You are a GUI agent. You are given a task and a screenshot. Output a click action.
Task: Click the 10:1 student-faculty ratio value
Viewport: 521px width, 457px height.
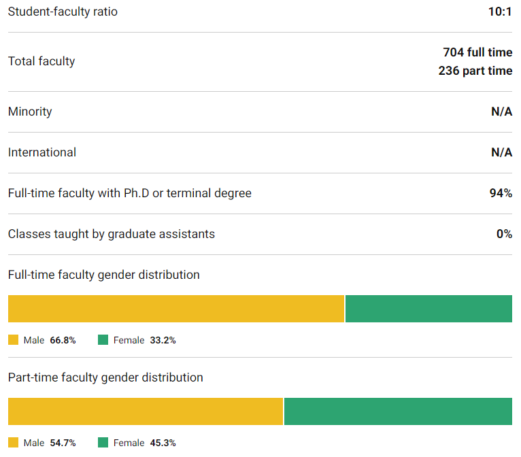pyautogui.click(x=499, y=12)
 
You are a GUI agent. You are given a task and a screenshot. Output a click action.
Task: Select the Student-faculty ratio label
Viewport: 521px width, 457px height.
pyautogui.click(x=63, y=12)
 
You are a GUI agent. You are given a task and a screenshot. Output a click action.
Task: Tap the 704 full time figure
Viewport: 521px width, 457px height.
pyautogui.click(x=477, y=52)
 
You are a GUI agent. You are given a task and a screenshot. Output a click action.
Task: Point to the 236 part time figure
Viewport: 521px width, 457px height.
pyautogui.click(x=475, y=71)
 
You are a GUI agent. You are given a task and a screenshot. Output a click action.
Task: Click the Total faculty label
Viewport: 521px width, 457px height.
pyautogui.click(x=41, y=61)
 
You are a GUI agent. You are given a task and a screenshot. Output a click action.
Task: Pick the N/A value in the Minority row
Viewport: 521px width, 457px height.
pyautogui.click(x=501, y=112)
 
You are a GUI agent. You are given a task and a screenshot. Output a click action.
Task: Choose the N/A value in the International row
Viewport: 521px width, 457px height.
pyautogui.click(x=501, y=152)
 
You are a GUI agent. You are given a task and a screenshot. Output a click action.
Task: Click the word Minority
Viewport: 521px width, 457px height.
pyautogui.click(x=30, y=112)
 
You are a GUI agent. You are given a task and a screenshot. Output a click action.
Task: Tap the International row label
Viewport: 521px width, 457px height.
pyautogui.click(x=42, y=152)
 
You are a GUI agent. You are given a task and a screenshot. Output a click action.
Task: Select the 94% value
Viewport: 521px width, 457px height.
pyautogui.click(x=501, y=193)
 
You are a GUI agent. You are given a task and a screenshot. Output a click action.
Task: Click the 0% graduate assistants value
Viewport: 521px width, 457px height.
pyautogui.click(x=504, y=234)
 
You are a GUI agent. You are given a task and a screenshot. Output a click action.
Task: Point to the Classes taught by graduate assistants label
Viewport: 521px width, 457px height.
pyautogui.click(x=112, y=234)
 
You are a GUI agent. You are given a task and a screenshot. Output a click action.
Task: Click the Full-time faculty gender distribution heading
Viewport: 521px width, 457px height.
pyautogui.click(x=104, y=275)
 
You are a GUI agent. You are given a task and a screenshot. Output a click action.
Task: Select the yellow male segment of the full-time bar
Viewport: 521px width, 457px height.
pyautogui.click(x=176, y=309)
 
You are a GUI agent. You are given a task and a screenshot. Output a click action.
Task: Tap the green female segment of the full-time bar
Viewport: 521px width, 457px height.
pyautogui.click(x=428, y=309)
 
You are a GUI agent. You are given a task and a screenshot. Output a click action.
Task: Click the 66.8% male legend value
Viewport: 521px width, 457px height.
pyautogui.click(x=63, y=340)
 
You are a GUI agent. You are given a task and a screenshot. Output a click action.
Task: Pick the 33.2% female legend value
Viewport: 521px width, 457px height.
pyautogui.click(x=163, y=340)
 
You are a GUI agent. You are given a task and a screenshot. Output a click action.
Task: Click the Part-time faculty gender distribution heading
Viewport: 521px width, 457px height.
pyautogui.click(x=105, y=377)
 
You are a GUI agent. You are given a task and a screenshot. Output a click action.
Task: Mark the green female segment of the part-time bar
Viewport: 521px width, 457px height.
pyautogui.click(x=398, y=411)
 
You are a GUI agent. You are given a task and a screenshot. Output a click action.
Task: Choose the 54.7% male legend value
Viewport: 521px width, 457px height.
pyautogui.click(x=63, y=443)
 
